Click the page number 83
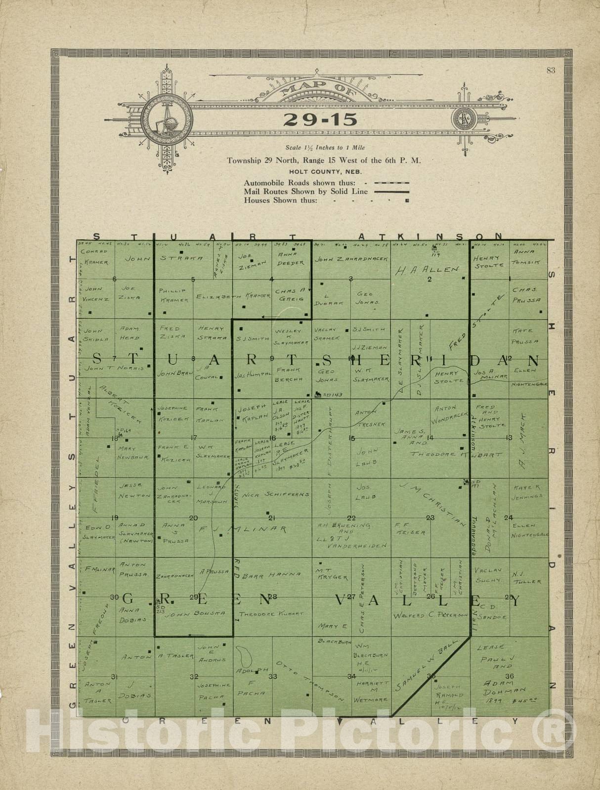click(x=551, y=70)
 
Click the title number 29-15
click(x=314, y=120)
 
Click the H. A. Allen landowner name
click(x=427, y=270)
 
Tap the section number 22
click(x=351, y=518)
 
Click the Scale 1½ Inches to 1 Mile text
click(x=325, y=148)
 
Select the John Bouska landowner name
click(x=196, y=613)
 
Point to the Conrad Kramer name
click(x=94, y=257)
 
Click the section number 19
click(x=115, y=517)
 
